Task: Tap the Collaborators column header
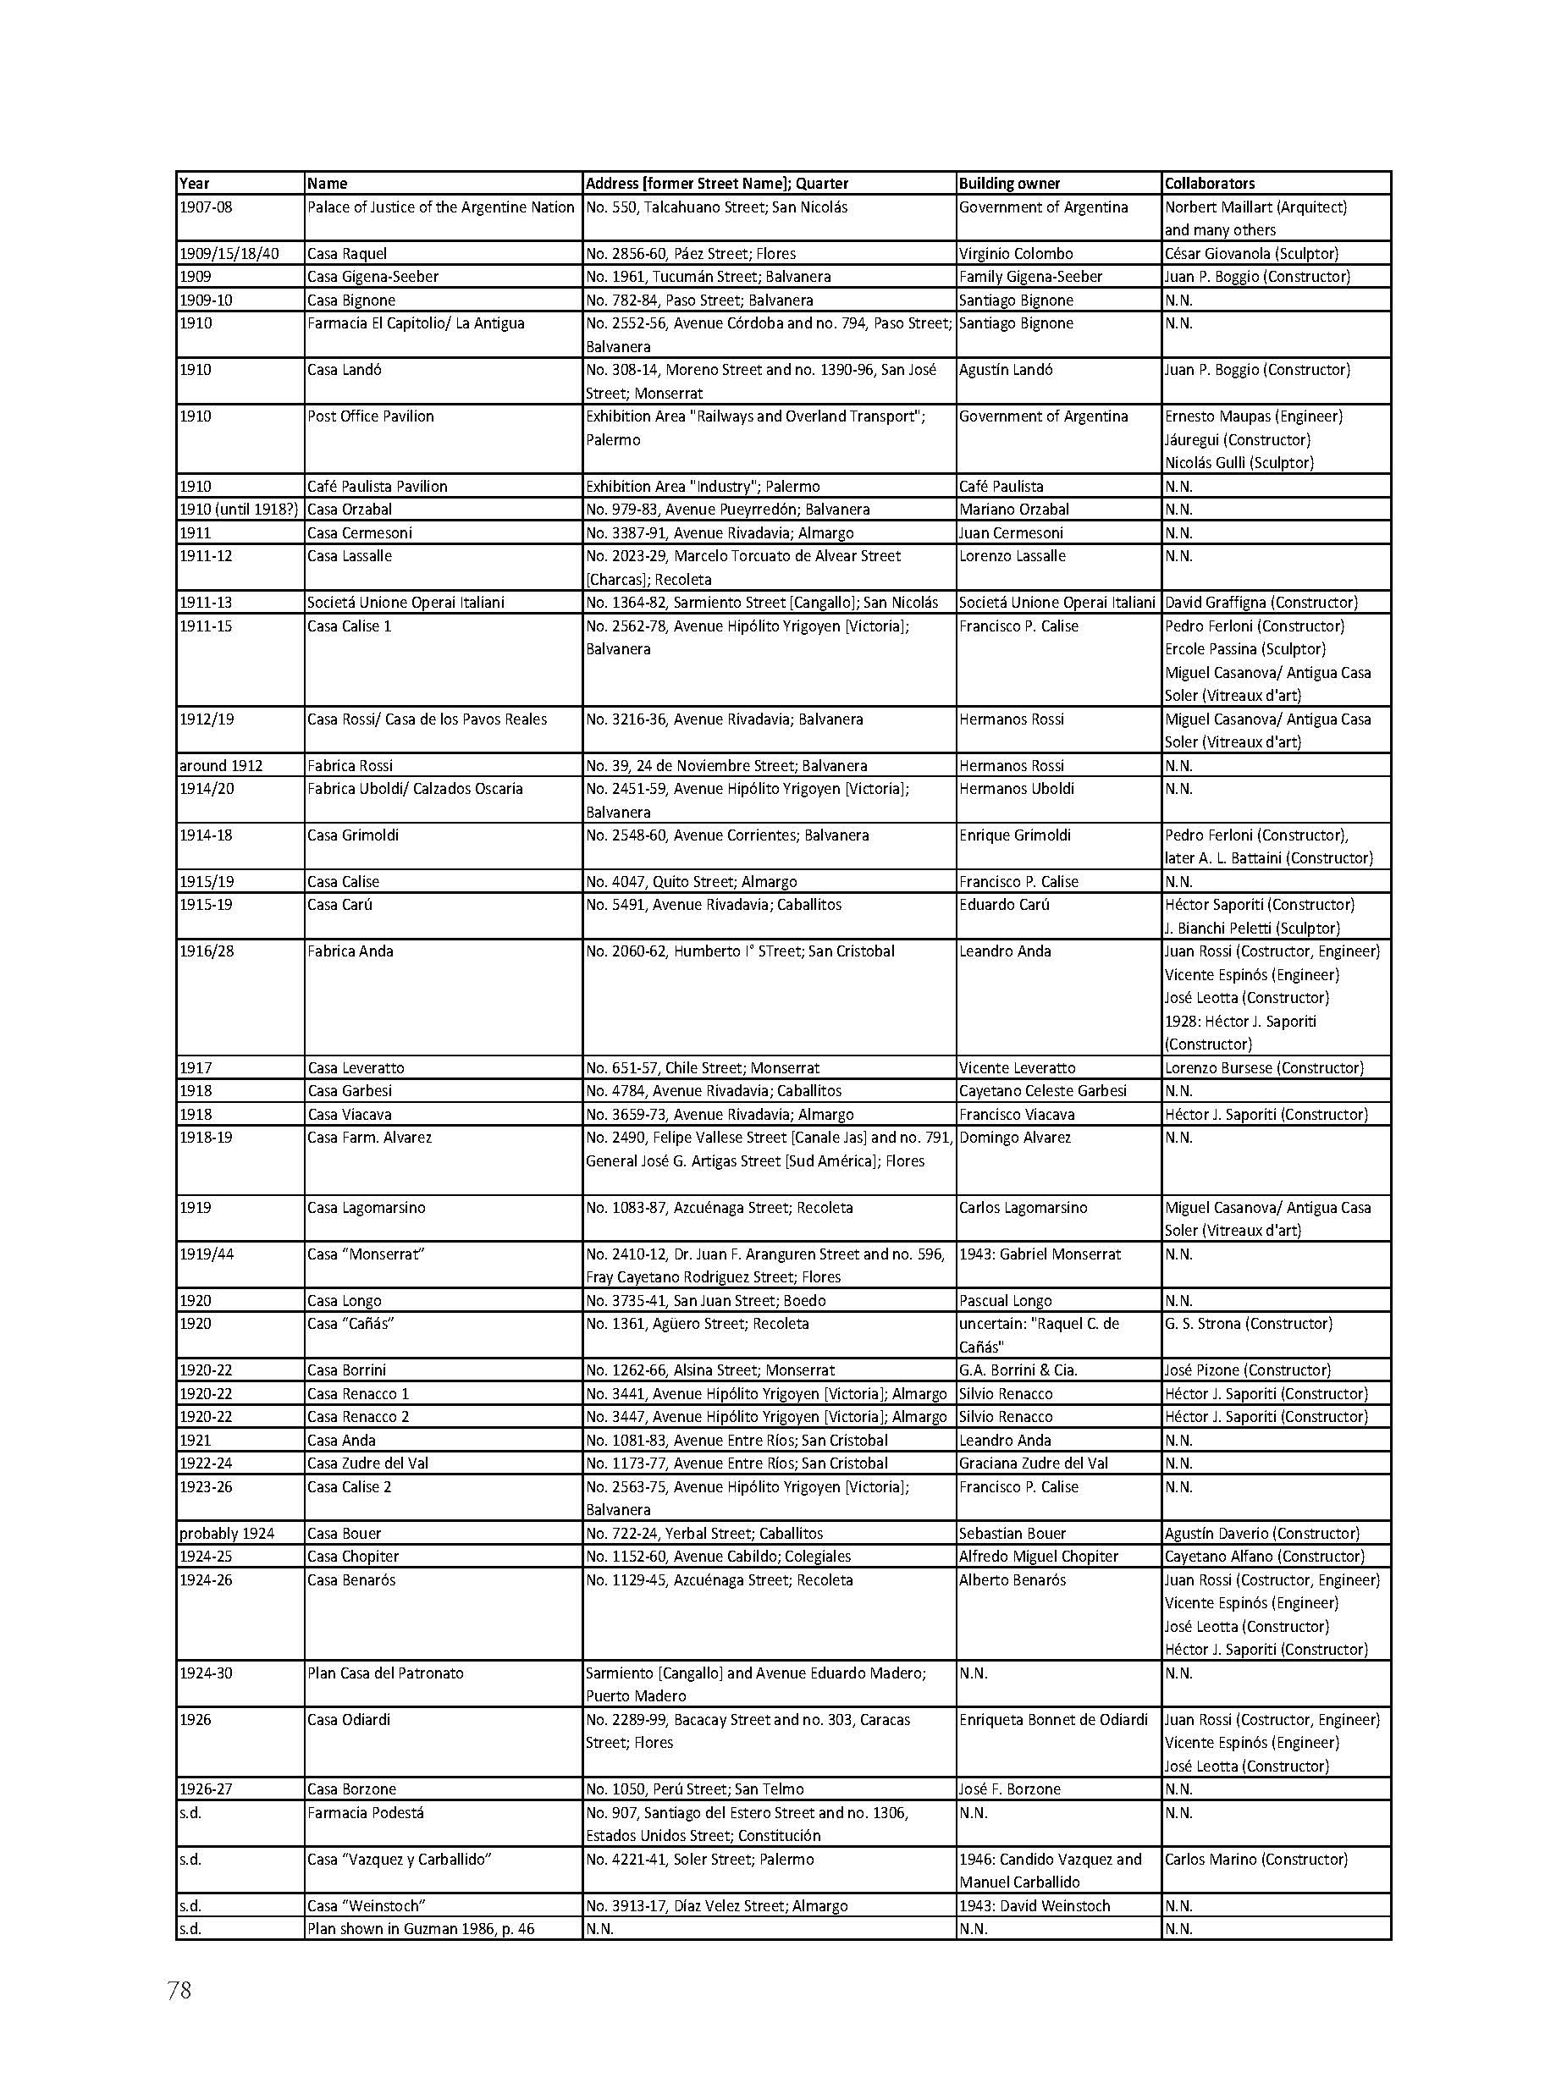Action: [1210, 183]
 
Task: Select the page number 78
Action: [179, 1989]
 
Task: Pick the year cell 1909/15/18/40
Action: [229, 253]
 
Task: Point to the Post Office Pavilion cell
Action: [370, 416]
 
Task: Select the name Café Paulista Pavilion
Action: [377, 486]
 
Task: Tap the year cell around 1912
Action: [221, 765]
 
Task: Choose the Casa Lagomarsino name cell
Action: [366, 1208]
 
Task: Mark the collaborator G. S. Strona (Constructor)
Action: [1249, 1323]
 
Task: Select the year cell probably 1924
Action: [227, 1533]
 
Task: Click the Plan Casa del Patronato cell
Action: [385, 1673]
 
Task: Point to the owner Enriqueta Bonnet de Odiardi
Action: [1053, 1719]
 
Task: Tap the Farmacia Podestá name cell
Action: [365, 1811]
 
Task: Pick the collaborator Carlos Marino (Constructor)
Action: [1255, 1858]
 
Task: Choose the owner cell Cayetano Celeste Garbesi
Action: [1042, 1091]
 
